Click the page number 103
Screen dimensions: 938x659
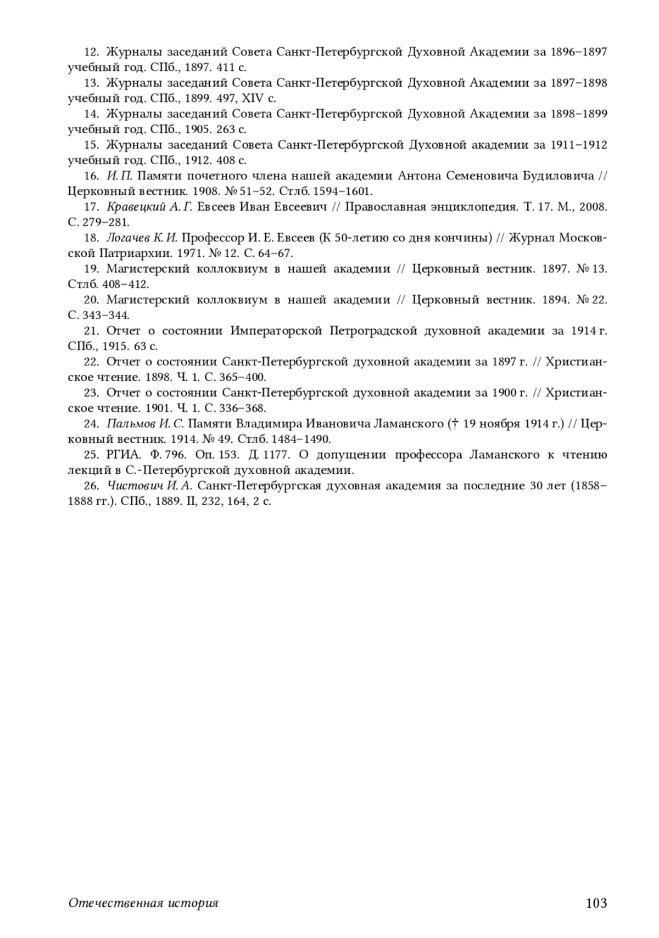coord(596,903)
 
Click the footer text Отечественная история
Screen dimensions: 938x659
coord(143,903)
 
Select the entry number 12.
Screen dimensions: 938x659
coord(91,52)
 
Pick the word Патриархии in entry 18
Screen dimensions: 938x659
coord(129,253)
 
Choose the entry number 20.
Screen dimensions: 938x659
coord(91,300)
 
